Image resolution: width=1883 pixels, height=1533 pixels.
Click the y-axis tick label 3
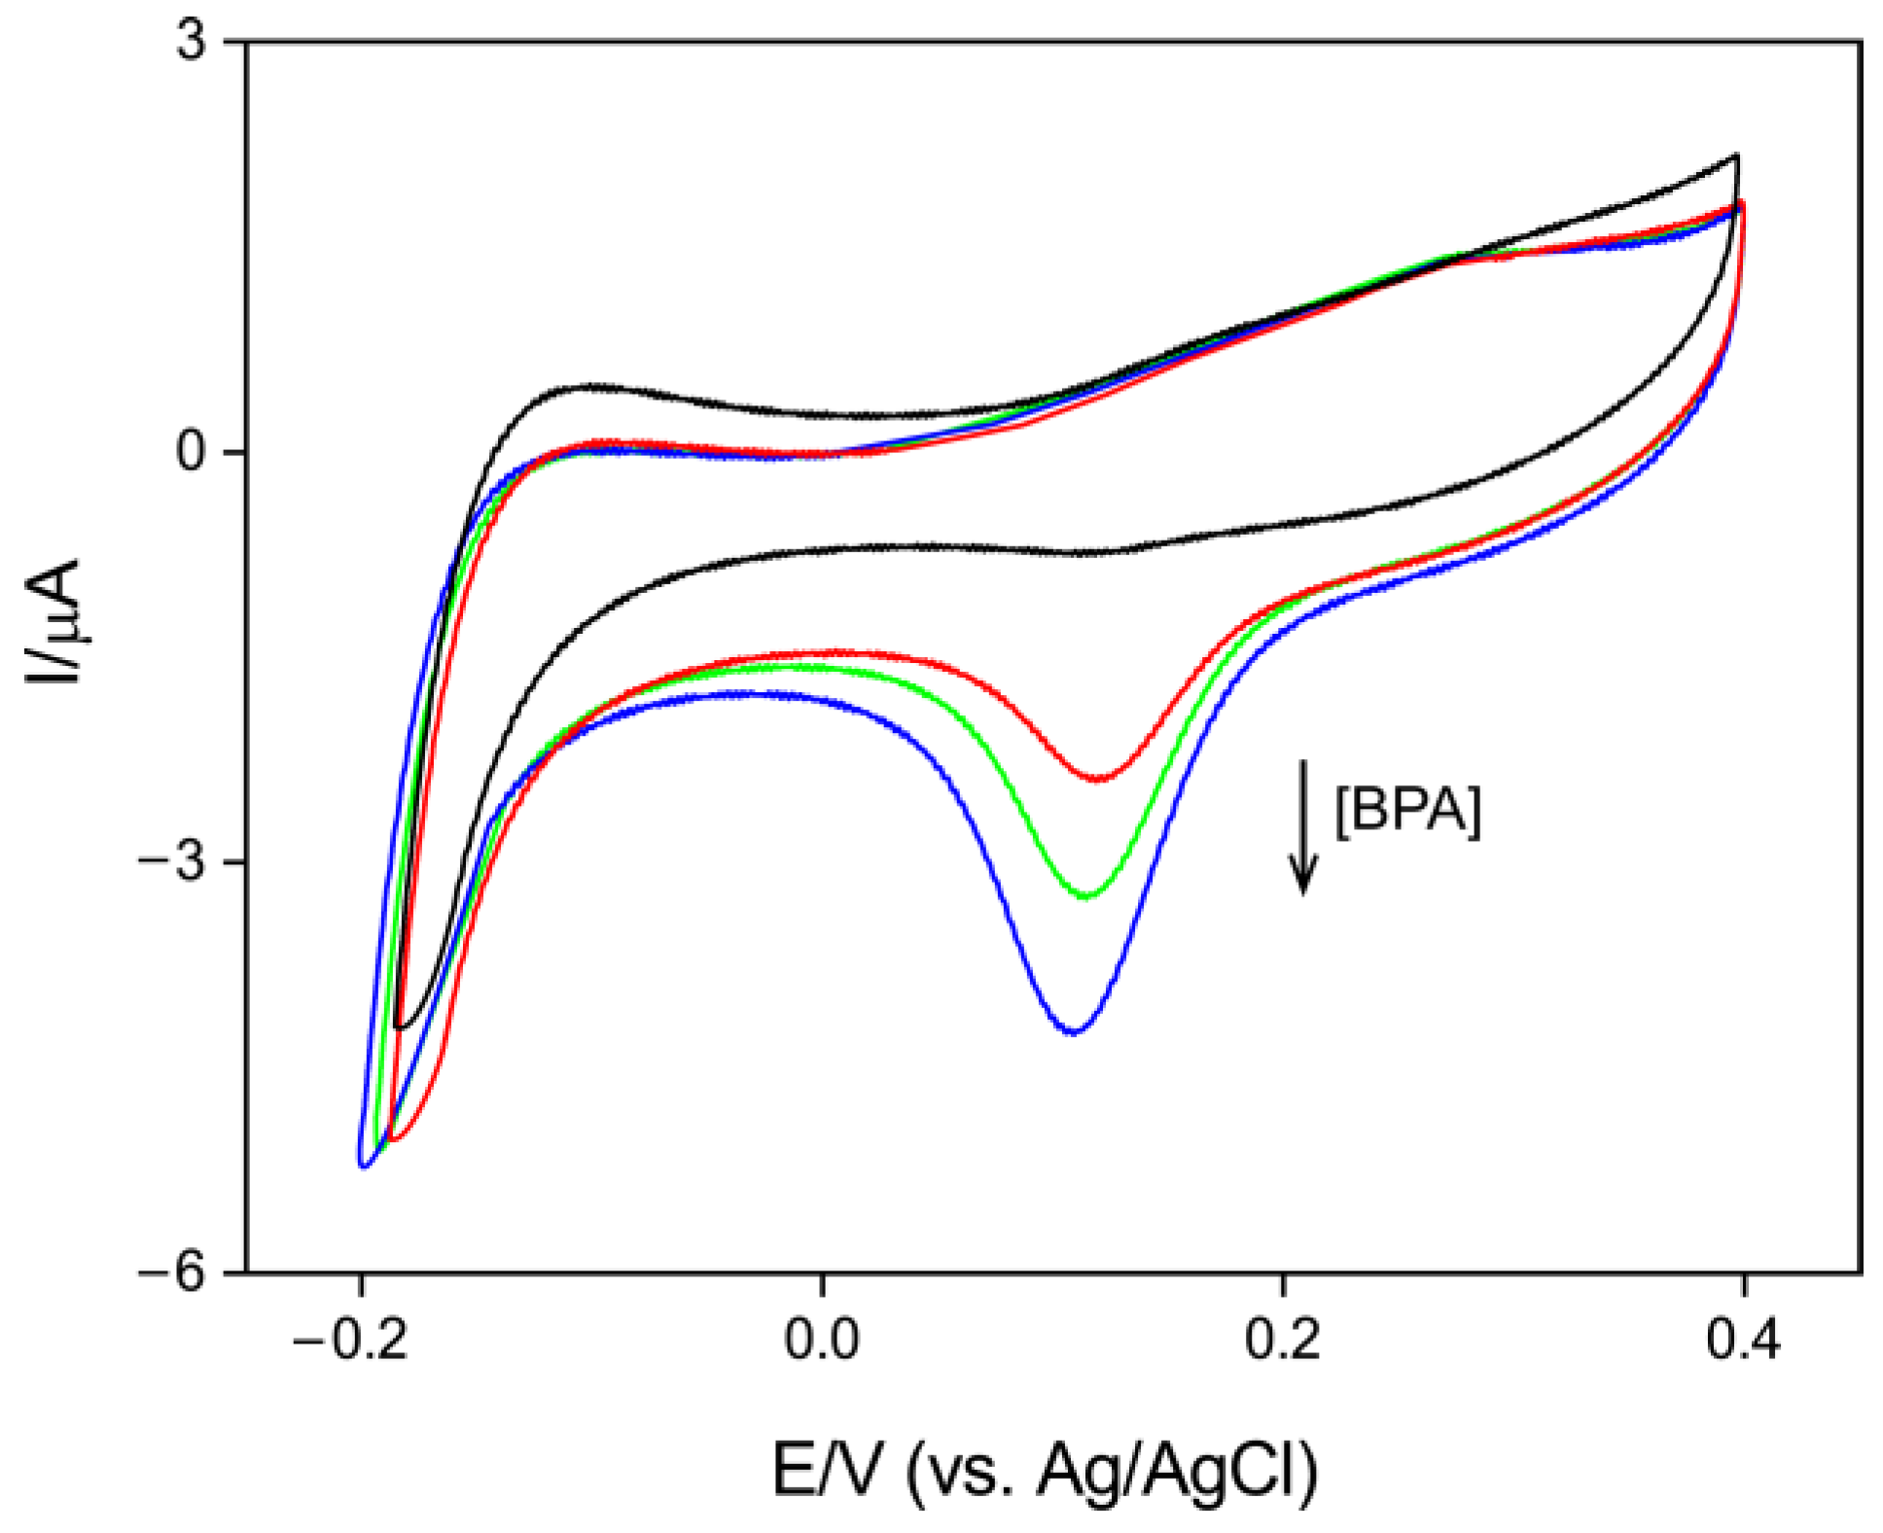pyautogui.click(x=193, y=44)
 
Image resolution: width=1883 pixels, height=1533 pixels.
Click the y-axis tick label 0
pyautogui.click(x=193, y=453)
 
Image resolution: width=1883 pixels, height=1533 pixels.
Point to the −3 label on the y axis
pyautogui.click(x=175, y=863)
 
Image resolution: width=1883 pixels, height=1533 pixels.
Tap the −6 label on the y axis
pyautogui.click(x=175, y=1272)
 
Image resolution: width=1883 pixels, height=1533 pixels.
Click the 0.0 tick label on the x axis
pyautogui.click(x=823, y=1341)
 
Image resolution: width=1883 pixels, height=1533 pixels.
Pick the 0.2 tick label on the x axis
pyautogui.click(x=1283, y=1341)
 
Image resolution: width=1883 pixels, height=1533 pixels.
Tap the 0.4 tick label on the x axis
pyautogui.click(x=1743, y=1341)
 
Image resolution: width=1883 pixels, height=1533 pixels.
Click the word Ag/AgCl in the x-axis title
pyautogui.click(x=1176, y=1469)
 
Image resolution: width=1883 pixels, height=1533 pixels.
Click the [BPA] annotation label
pyautogui.click(x=1407, y=810)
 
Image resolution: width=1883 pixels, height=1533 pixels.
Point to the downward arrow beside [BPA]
pyautogui.click(x=1303, y=826)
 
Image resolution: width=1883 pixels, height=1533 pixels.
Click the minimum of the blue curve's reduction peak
pyautogui.click(x=1073, y=1031)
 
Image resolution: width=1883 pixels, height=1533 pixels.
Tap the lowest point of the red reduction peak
pyautogui.click(x=1098, y=779)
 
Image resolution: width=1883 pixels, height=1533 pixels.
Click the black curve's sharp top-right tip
pyautogui.click(x=1736, y=156)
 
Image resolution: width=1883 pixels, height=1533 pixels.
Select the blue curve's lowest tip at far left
pyautogui.click(x=364, y=1166)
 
